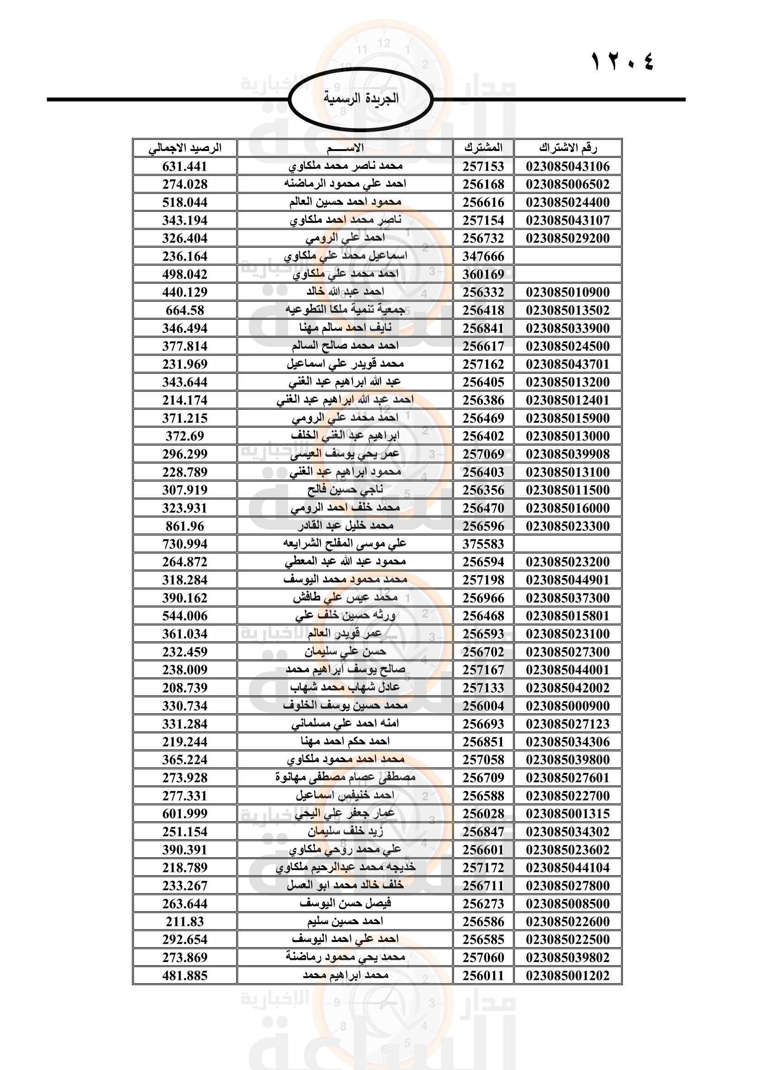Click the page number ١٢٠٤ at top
click(623, 61)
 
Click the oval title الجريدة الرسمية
click(361, 99)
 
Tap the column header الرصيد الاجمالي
click(184, 148)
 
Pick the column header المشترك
click(483, 148)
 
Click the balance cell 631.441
click(184, 167)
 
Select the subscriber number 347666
click(483, 256)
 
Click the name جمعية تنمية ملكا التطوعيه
click(345, 310)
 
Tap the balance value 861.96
click(184, 526)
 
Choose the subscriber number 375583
click(483, 544)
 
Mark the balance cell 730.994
click(184, 544)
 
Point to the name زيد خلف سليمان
click(345, 831)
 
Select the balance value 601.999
click(184, 814)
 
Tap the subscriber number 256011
click(483, 975)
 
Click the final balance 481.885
click(184, 975)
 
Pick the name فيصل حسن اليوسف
click(345, 903)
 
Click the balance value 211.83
click(184, 921)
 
